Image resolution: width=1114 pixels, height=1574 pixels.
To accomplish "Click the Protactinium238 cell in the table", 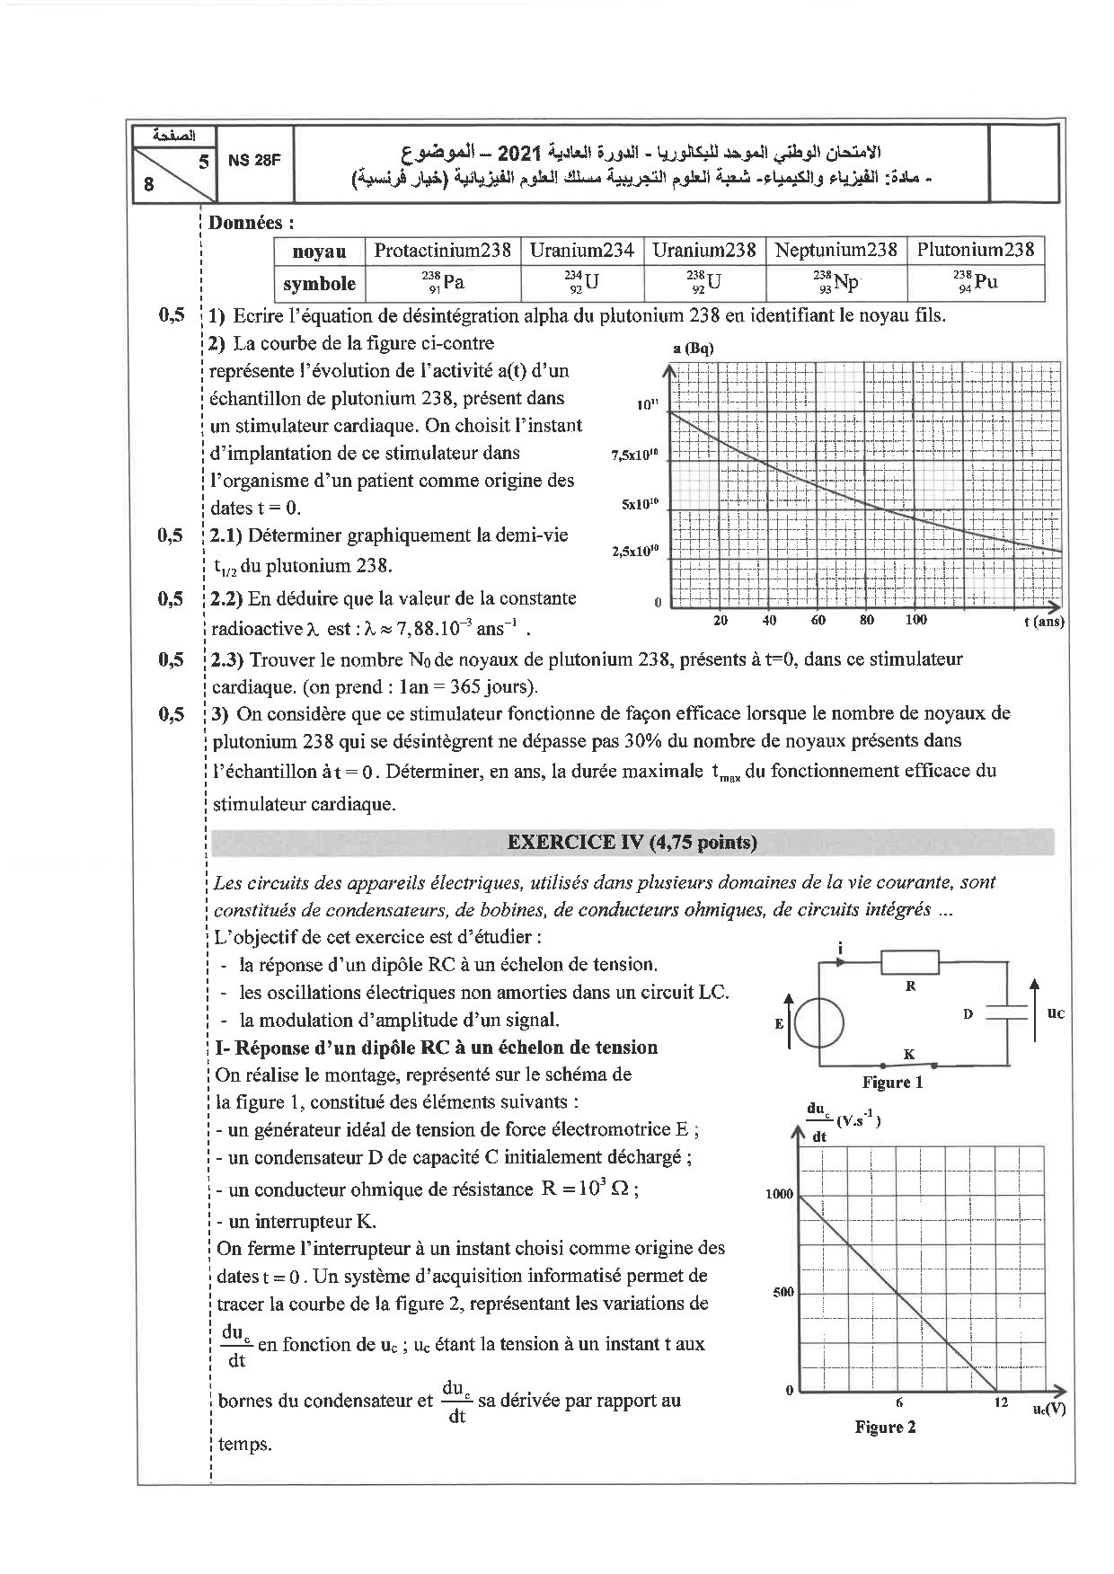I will [x=442, y=251].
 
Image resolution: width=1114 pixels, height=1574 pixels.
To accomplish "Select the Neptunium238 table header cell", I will [x=835, y=251].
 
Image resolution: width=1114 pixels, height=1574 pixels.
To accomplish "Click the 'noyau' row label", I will [x=319, y=252].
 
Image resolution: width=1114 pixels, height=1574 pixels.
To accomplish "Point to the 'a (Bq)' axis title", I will [x=692, y=349].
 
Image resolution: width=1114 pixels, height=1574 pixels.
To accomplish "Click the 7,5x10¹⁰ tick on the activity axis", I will [x=634, y=455].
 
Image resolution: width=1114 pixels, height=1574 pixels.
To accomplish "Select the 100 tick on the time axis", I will [x=915, y=620].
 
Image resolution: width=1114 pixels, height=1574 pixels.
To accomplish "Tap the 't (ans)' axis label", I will [x=1044, y=621].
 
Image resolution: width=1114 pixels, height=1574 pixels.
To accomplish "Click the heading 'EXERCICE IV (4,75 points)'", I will [x=632, y=842].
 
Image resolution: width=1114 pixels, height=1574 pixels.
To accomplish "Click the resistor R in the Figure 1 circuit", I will [x=909, y=963].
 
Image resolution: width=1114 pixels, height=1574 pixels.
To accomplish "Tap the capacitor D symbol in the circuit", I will [x=1005, y=1012].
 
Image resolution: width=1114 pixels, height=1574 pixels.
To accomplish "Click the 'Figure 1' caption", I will [x=892, y=1083].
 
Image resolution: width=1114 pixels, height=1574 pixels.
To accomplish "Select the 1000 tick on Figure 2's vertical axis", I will [x=780, y=1194].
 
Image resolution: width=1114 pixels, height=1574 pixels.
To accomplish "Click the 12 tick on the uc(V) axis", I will [x=1001, y=1402].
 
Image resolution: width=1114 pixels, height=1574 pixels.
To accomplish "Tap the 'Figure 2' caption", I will [x=885, y=1427].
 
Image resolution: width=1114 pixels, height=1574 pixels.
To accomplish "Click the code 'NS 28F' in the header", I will [x=254, y=161].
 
